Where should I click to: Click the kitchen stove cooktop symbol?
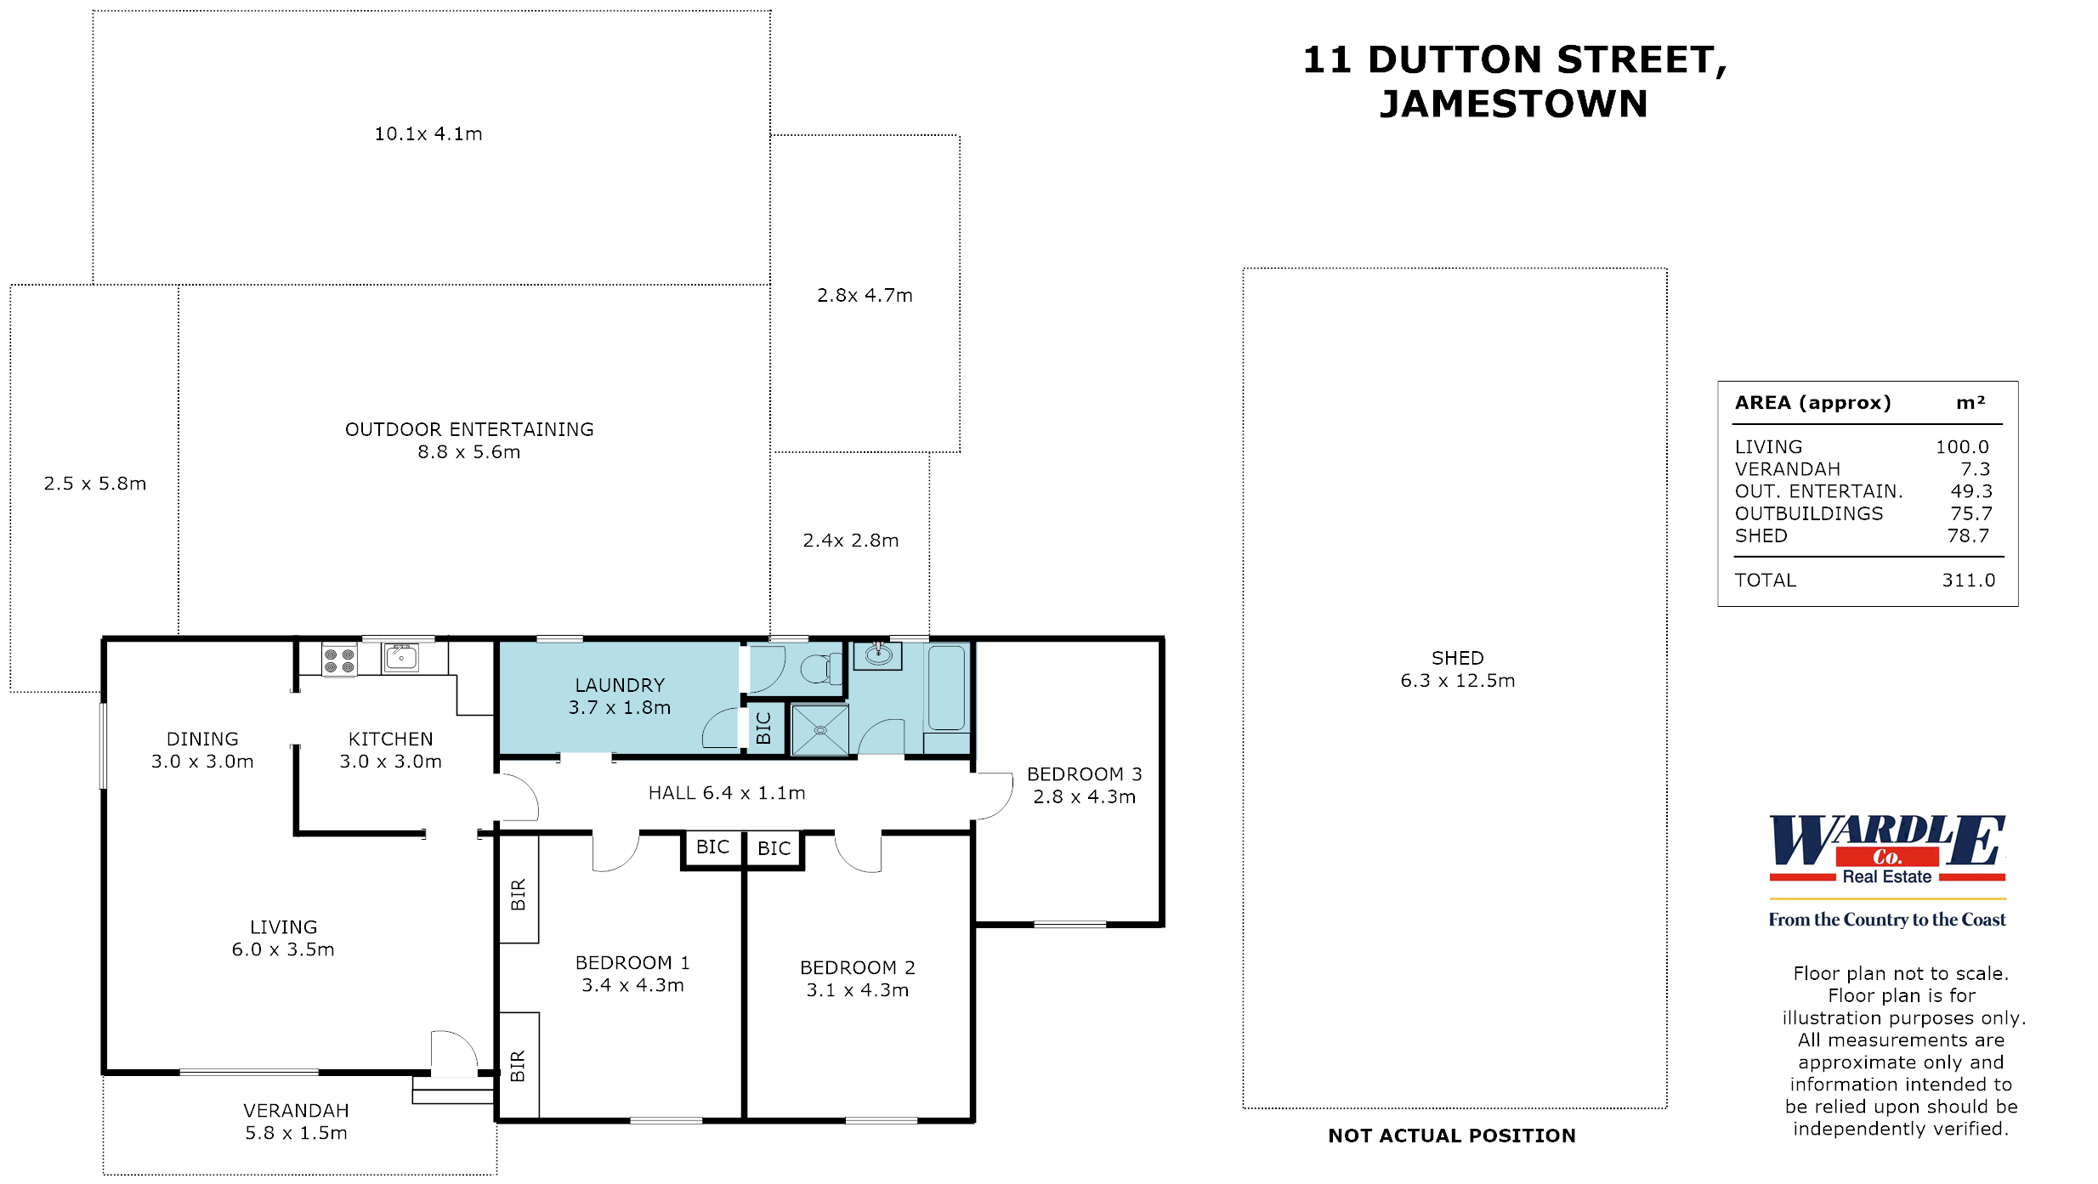339,660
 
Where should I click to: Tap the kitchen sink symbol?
401,658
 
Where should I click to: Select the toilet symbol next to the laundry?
818,669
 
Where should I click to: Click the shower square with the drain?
820,730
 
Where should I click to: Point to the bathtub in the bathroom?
946,688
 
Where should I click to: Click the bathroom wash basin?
878,654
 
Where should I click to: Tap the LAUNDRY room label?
620,685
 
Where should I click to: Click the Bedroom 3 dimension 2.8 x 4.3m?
1084,797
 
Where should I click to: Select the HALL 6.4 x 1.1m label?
727,793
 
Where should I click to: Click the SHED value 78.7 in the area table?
1968,536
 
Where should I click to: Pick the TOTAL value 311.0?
1968,581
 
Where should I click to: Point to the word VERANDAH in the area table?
1787,469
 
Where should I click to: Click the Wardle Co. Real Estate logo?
1887,851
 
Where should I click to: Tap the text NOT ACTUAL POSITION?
1452,1136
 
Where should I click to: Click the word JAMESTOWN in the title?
1513,105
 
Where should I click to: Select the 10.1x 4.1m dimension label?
428,134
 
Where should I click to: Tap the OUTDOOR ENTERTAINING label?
469,429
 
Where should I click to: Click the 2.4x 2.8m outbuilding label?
850,541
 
